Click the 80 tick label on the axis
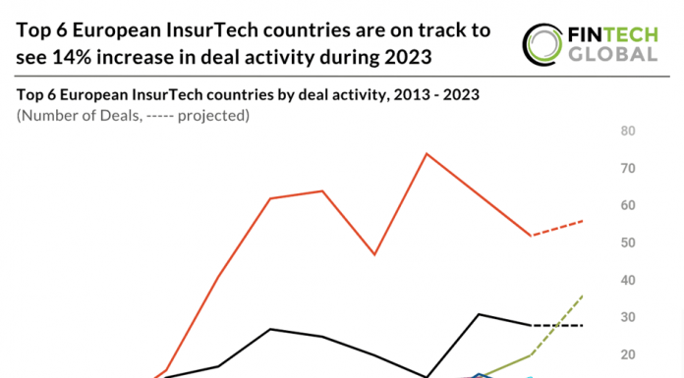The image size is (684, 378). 626,132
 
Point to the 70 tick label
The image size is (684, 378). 626,169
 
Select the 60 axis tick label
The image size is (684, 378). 626,206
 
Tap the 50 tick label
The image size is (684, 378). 626,243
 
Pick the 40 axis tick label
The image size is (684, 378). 626,281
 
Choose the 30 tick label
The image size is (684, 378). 626,318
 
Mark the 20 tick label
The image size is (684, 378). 626,355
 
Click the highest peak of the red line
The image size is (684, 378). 427,153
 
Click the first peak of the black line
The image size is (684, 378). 270,329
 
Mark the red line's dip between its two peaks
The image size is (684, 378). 373,254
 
